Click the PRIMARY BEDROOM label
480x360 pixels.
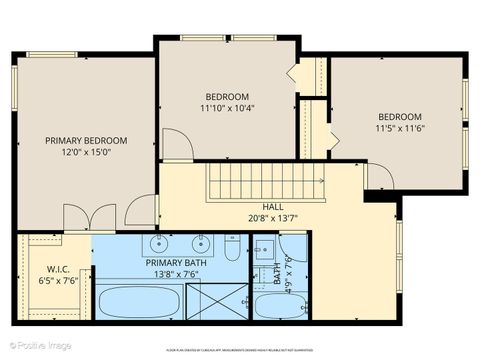point(86,141)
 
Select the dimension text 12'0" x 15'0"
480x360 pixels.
point(86,153)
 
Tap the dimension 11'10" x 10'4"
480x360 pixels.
point(227,108)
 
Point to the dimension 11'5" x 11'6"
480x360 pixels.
point(399,128)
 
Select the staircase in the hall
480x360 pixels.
point(265,183)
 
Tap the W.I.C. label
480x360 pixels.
point(56,269)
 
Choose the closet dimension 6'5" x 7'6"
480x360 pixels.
point(56,281)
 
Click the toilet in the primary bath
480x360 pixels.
point(232,247)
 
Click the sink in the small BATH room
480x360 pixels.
point(264,248)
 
